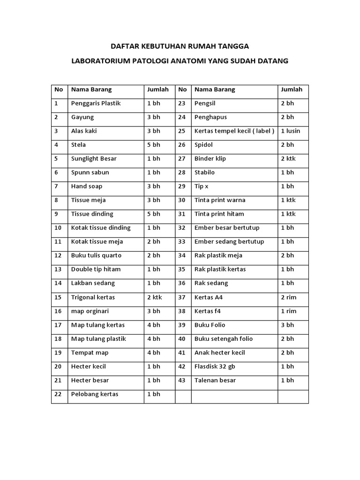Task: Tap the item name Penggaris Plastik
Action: (96, 103)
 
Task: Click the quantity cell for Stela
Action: (154, 145)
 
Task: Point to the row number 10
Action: (58, 228)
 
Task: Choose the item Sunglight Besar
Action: (94, 158)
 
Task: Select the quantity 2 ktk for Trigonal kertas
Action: (155, 297)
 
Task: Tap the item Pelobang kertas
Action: (95, 394)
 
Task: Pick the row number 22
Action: (58, 394)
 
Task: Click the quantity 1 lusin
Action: (290, 131)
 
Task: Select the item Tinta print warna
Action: (220, 200)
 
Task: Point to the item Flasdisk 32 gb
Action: (217, 367)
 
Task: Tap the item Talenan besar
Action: (215, 380)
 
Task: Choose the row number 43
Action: (182, 380)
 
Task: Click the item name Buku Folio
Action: (210, 325)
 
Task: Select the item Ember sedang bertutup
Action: (229, 242)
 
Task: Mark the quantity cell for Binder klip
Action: (288, 158)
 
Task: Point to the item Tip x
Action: (202, 186)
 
